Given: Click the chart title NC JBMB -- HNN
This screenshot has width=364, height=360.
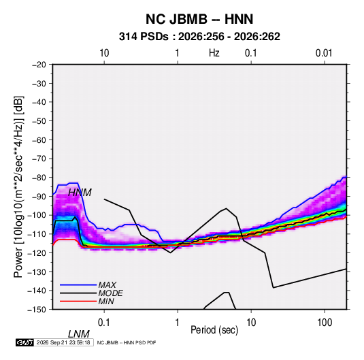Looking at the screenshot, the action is pos(199,19).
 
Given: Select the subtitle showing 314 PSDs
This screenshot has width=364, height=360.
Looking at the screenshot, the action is pos(199,37).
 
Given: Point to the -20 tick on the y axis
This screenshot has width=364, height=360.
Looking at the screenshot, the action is pos(39,65).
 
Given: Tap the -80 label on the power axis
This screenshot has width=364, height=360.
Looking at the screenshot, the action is pos(39,178).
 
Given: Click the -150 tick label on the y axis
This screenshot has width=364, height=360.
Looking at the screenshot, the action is pos(37,310).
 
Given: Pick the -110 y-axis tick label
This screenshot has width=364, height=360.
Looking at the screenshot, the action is pos(37,234).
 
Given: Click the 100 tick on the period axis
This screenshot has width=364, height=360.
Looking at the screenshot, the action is pos(325,323).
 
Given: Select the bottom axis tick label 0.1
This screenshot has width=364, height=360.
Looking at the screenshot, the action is pos(104,323).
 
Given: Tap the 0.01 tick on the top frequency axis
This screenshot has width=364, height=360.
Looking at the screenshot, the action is pos(324,53).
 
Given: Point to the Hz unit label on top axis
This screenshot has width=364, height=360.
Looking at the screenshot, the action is pos(214,53).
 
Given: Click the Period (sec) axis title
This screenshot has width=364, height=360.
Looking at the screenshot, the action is pos(214,330).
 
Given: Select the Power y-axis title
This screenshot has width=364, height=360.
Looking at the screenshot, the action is pos(18,186).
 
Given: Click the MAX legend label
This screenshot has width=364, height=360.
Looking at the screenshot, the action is pos(107,285).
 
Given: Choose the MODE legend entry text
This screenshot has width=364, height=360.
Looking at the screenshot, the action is pos(110,293).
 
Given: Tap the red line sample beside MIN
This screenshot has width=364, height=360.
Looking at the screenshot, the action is pos(78,301).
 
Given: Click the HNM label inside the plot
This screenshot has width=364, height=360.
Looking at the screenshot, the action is pos(80,193).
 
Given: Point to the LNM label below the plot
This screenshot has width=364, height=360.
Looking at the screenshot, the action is pos(78,334).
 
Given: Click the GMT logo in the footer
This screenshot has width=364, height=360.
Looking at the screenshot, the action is pos(24,342).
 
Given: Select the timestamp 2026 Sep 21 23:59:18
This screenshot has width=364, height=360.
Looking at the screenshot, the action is pos(63,342).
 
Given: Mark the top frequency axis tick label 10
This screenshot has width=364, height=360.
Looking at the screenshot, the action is pos(104,53).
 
